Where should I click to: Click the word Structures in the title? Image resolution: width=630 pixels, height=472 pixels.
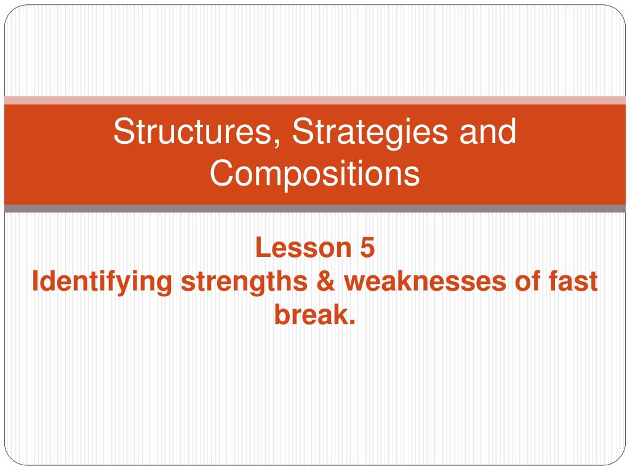coord(193,132)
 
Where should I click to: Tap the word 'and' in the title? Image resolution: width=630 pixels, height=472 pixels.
coord(488,132)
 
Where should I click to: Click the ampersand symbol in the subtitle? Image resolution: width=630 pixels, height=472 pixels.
coord(326,281)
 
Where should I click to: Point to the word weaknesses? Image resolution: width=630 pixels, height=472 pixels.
coord(425,281)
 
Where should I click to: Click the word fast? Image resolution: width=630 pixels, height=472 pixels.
coord(573,281)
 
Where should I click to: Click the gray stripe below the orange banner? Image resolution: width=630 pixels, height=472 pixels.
coord(315,208)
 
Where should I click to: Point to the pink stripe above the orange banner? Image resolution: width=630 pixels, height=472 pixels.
coord(315,100)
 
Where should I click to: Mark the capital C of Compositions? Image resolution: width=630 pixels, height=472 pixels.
coord(221,173)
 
